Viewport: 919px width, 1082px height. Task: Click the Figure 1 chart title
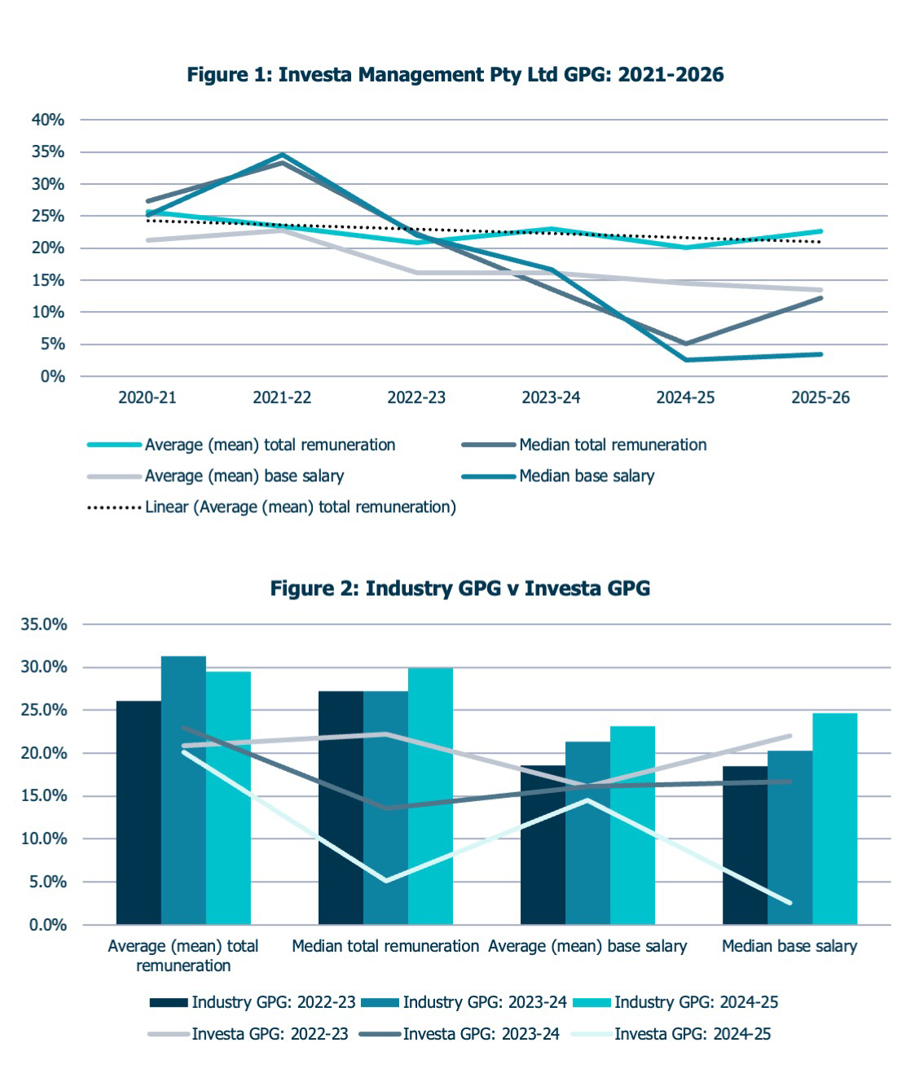coord(455,75)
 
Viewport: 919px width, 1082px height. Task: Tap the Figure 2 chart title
coord(460,589)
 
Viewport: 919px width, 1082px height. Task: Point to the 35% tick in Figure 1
coord(48,152)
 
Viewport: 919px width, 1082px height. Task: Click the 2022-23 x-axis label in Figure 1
coord(416,398)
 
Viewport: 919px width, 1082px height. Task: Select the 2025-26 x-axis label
coord(820,398)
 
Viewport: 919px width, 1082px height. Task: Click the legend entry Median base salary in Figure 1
coord(559,476)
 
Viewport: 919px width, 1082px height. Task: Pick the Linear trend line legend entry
coord(272,507)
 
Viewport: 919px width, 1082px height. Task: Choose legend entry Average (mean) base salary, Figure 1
coord(216,476)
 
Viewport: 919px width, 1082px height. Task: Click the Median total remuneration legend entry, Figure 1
coord(584,445)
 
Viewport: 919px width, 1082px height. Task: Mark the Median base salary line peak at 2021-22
coord(283,155)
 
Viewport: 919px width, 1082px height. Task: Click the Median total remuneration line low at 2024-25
coord(686,344)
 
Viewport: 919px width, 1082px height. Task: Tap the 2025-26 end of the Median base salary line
coord(820,354)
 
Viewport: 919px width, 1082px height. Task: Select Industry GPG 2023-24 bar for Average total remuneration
coord(183,791)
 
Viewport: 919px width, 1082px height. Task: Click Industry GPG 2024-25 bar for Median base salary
coord(834,819)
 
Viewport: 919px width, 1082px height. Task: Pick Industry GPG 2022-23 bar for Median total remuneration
coord(341,808)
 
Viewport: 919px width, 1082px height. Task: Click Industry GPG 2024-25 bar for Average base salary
coord(632,826)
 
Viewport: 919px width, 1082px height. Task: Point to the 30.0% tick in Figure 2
coord(44,668)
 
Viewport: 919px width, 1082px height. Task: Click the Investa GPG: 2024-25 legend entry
coord(671,1034)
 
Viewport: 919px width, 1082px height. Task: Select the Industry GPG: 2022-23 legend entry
coord(253,1002)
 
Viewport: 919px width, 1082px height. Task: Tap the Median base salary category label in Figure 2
coord(789,946)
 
